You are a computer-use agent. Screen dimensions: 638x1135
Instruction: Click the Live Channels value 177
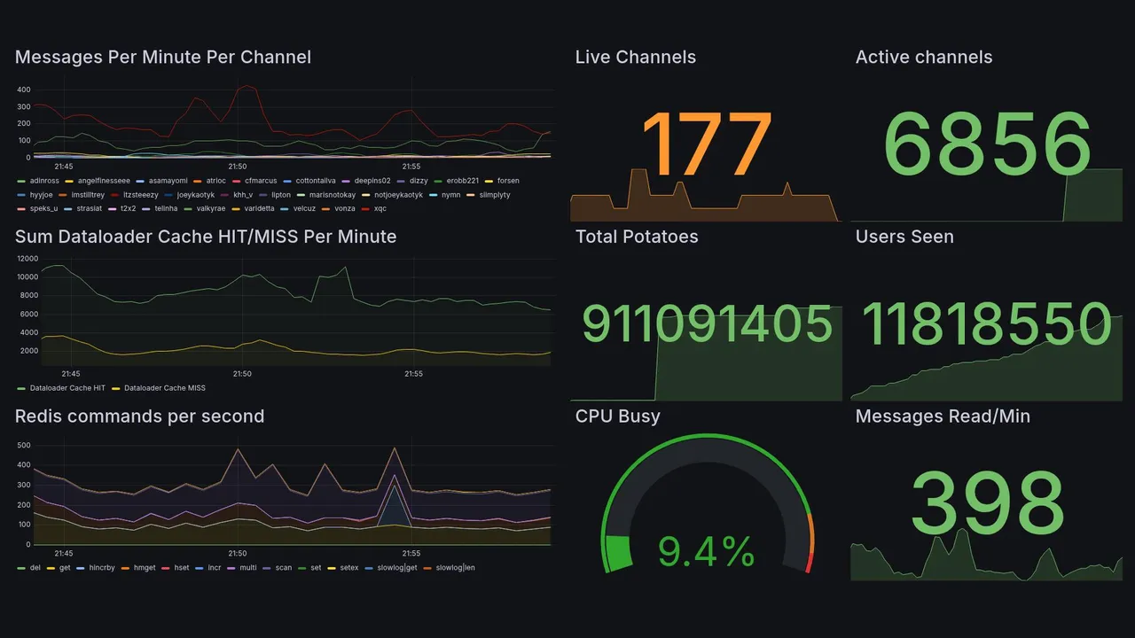pos(706,144)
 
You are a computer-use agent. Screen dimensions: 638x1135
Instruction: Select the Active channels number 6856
pos(987,144)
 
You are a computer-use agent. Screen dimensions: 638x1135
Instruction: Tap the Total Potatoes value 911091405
pos(707,324)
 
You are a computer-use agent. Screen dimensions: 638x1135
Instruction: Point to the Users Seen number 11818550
pos(987,324)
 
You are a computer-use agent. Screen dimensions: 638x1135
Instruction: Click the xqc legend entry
pos(380,209)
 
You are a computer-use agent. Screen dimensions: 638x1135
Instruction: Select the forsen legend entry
pos(507,181)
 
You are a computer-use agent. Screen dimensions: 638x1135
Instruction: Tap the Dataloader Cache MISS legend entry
pos(164,388)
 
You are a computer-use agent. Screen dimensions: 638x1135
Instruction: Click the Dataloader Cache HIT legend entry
pos(67,388)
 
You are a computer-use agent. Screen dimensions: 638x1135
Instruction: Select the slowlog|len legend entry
pos(455,567)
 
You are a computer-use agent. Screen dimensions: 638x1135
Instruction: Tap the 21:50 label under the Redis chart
pos(237,554)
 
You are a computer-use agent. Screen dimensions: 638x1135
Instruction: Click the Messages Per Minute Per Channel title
pos(163,58)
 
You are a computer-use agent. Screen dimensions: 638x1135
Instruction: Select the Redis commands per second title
pos(139,416)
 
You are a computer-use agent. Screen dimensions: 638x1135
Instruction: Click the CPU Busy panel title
pos(617,416)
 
